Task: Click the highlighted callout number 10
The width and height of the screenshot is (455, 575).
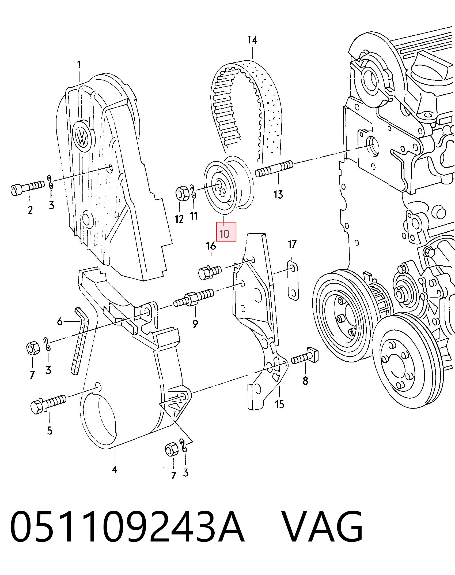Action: click(x=224, y=234)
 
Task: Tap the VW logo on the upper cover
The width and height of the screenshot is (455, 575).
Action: click(x=82, y=136)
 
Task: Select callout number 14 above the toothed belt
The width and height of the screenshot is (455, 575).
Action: click(x=252, y=40)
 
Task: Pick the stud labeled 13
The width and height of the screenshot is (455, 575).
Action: click(x=274, y=168)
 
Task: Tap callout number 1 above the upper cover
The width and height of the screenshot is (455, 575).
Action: click(x=79, y=65)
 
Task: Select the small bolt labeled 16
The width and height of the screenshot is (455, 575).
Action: click(x=210, y=272)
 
